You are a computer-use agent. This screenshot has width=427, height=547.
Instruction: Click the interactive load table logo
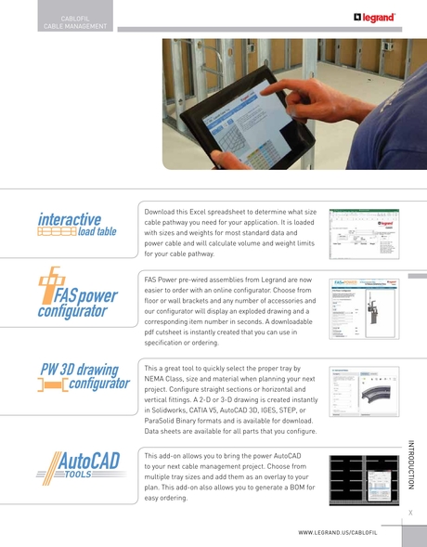pos(77,225)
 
